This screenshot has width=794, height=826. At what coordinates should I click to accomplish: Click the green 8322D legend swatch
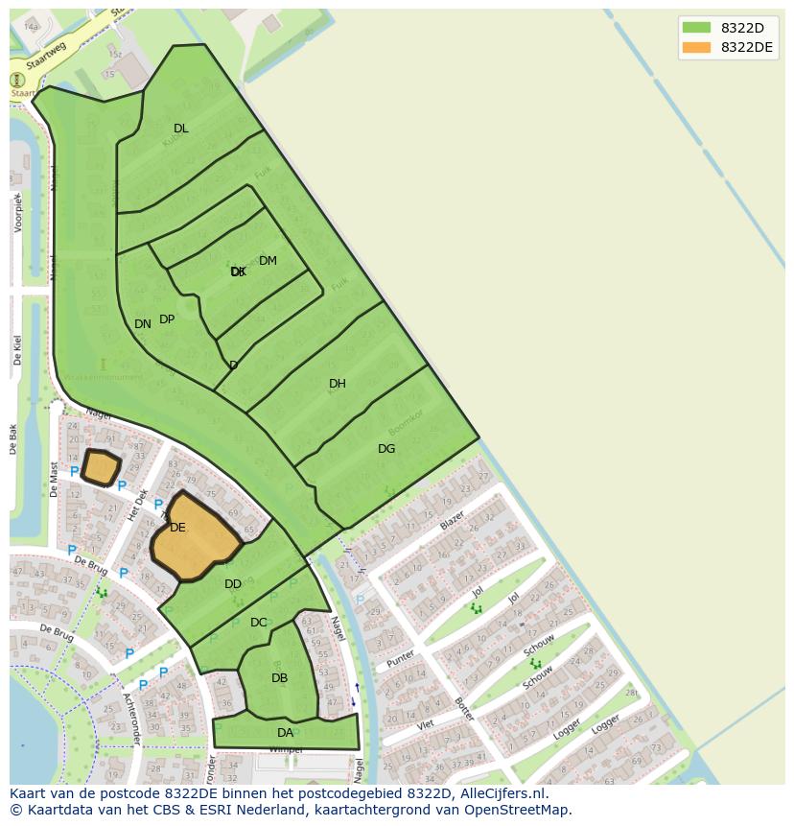click(x=697, y=27)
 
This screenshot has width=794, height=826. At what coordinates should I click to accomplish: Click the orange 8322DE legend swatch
click(x=697, y=47)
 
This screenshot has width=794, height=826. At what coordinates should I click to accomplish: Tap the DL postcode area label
click(x=181, y=129)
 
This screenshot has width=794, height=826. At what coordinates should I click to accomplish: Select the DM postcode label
click(x=268, y=261)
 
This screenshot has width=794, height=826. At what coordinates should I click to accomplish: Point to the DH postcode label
click(x=338, y=384)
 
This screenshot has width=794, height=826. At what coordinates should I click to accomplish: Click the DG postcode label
click(x=386, y=449)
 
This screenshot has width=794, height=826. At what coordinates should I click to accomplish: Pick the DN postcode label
click(x=143, y=324)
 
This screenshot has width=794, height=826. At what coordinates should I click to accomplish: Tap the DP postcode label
click(x=167, y=319)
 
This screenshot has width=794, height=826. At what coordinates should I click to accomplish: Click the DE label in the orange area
click(x=177, y=528)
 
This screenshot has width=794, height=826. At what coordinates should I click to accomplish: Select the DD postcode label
click(x=233, y=584)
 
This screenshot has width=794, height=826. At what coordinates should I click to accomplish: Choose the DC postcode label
click(x=259, y=623)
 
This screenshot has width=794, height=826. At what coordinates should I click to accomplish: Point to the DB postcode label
click(x=279, y=678)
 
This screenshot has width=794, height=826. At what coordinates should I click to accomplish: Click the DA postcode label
click(x=285, y=733)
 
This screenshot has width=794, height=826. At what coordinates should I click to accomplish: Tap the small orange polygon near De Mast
click(x=101, y=467)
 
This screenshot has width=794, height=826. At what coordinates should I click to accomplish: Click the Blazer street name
click(x=452, y=522)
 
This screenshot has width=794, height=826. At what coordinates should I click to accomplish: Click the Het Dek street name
click(x=137, y=505)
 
